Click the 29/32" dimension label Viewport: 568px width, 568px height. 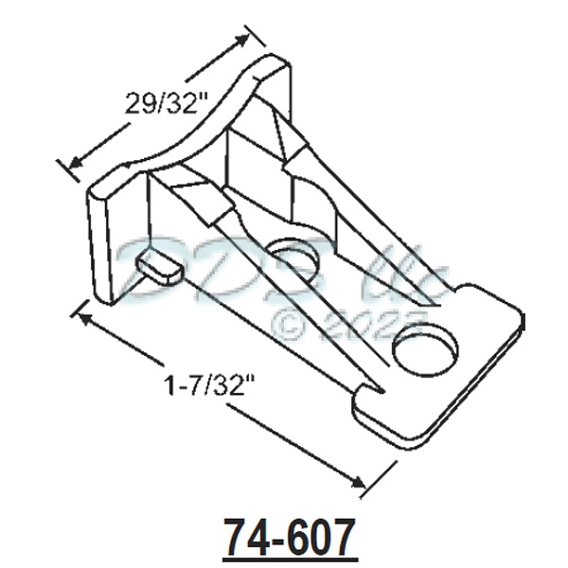tap(164, 103)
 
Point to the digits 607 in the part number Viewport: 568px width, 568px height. tap(321, 537)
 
